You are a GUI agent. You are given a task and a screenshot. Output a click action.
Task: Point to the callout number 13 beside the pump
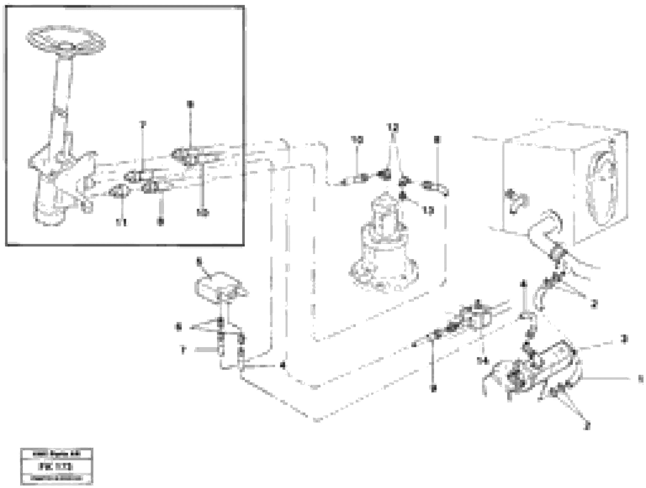coord(428,210)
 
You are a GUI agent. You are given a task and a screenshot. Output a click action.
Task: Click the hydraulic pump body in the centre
coord(384,248)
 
